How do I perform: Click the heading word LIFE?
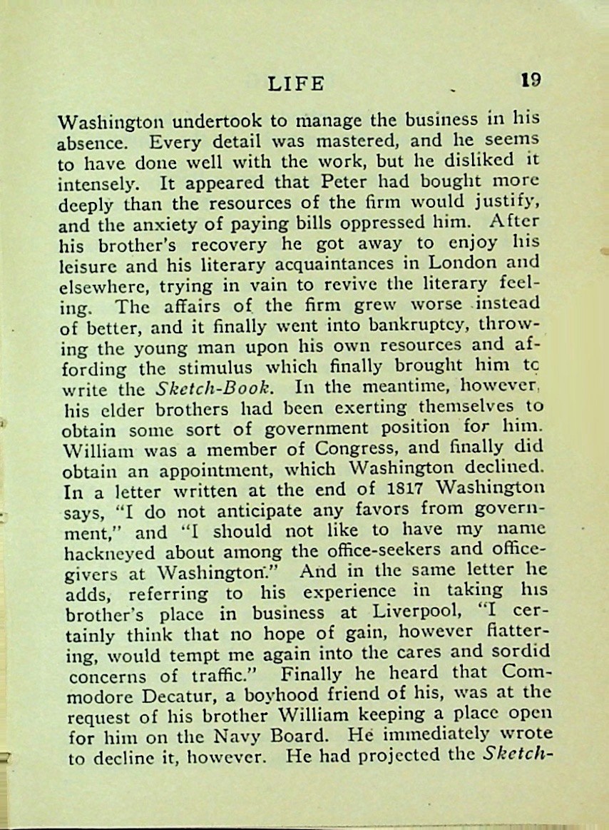coord(296,83)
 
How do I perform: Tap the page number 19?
coord(530,79)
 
